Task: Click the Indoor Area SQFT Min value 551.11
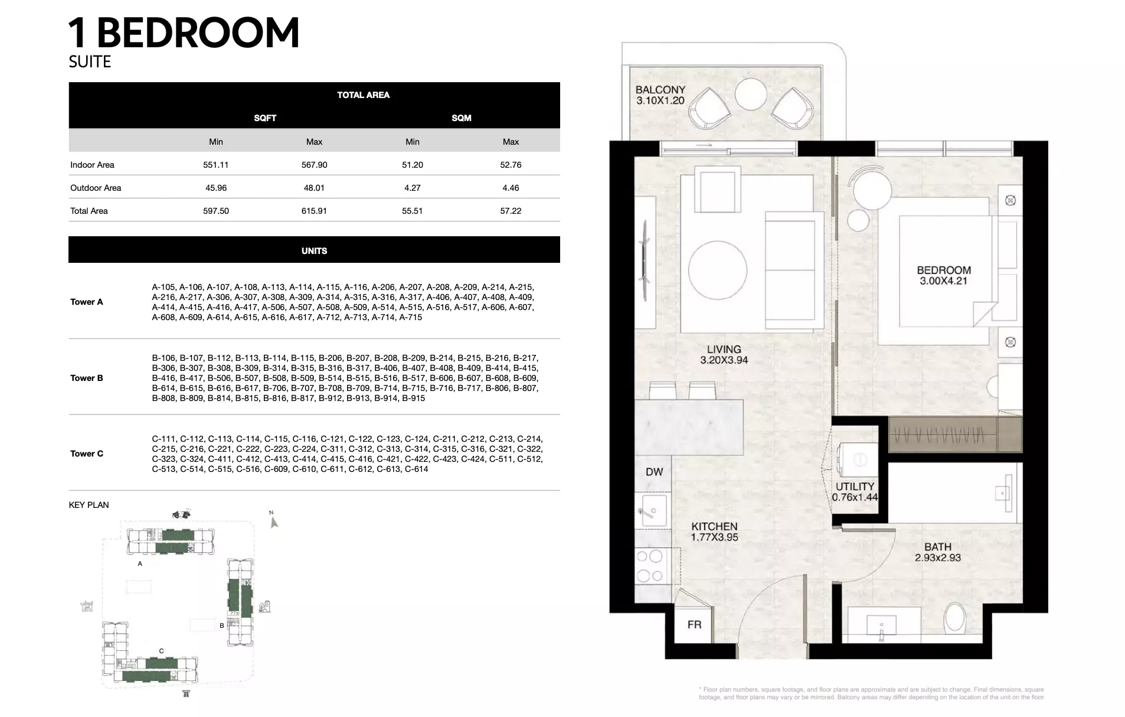tap(215, 165)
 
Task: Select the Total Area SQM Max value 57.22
tap(511, 211)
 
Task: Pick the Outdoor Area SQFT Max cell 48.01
tap(314, 188)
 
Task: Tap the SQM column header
tap(462, 118)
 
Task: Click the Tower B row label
tap(87, 378)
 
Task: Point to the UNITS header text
tap(314, 251)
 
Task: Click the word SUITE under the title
tap(90, 61)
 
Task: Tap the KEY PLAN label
tap(89, 505)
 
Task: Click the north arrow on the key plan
tap(273, 520)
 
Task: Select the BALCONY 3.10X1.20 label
tap(660, 95)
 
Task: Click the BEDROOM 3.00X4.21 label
tap(944, 275)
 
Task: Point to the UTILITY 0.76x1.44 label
tap(855, 491)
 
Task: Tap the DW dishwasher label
tap(654, 472)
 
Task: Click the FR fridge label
tap(694, 624)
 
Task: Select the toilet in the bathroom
tap(954, 618)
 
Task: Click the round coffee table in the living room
tap(717, 270)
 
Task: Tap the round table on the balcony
tap(751, 94)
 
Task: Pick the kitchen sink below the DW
tap(653, 511)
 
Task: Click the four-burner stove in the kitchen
tap(650, 566)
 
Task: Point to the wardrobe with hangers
tap(955, 435)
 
